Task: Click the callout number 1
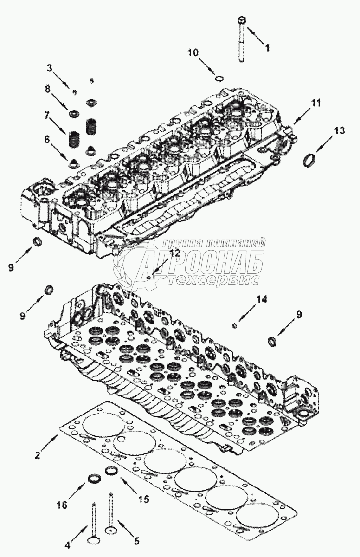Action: (267, 47)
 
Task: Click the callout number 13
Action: (340, 131)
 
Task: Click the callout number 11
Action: (315, 104)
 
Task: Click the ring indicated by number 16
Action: (95, 479)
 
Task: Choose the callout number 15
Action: (143, 499)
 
